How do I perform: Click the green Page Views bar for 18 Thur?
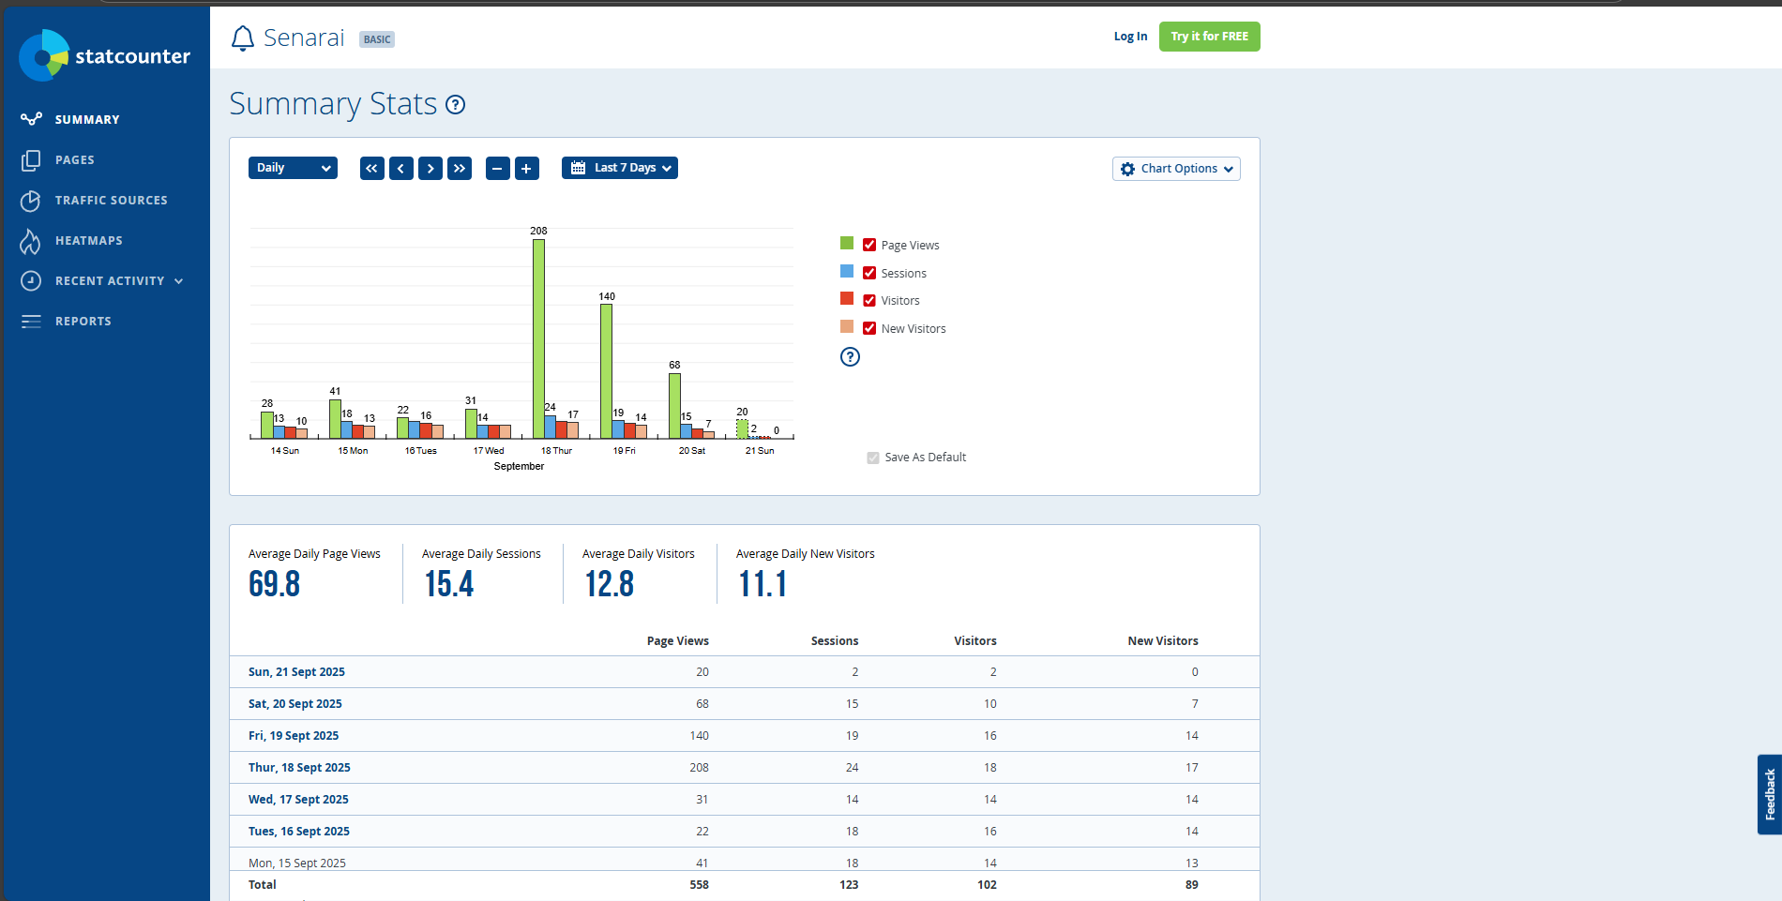pyautogui.click(x=538, y=338)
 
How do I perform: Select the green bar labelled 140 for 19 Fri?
pyautogui.click(x=606, y=370)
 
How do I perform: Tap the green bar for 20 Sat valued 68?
pyautogui.click(x=674, y=405)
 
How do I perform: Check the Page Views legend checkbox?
pyautogui.click(x=869, y=246)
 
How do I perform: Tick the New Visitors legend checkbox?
pyautogui.click(x=869, y=329)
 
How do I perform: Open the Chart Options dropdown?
pyautogui.click(x=1176, y=169)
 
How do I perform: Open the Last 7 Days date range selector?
pyautogui.click(x=620, y=168)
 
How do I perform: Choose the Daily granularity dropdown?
pyautogui.click(x=293, y=168)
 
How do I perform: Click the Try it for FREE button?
pyautogui.click(x=1209, y=37)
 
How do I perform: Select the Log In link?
pyautogui.click(x=1130, y=37)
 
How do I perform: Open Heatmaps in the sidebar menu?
pyautogui.click(x=88, y=241)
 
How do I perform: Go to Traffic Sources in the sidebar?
pyautogui.click(x=111, y=201)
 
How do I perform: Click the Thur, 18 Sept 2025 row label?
pyautogui.click(x=299, y=768)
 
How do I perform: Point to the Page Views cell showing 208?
pyautogui.click(x=699, y=768)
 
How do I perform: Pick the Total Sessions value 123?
pyautogui.click(x=849, y=885)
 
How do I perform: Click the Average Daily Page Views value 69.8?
pyautogui.click(x=275, y=584)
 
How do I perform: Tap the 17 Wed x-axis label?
pyautogui.click(x=489, y=451)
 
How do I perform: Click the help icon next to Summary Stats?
pyautogui.click(x=456, y=105)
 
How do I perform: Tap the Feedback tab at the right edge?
pyautogui.click(x=1769, y=794)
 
